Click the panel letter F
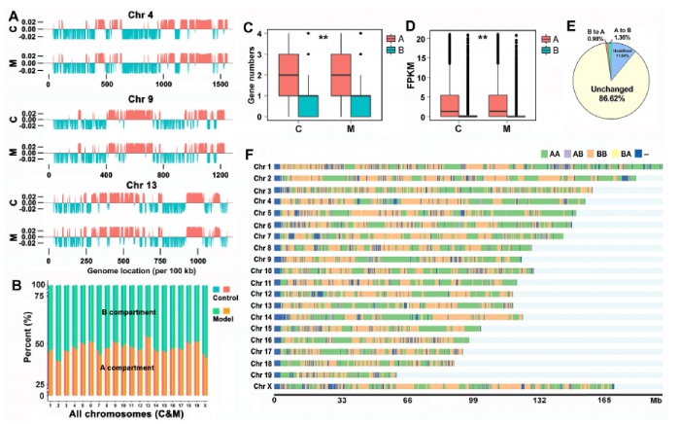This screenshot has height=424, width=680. click(252, 154)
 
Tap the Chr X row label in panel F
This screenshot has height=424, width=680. click(260, 386)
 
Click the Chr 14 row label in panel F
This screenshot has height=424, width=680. click(258, 317)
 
